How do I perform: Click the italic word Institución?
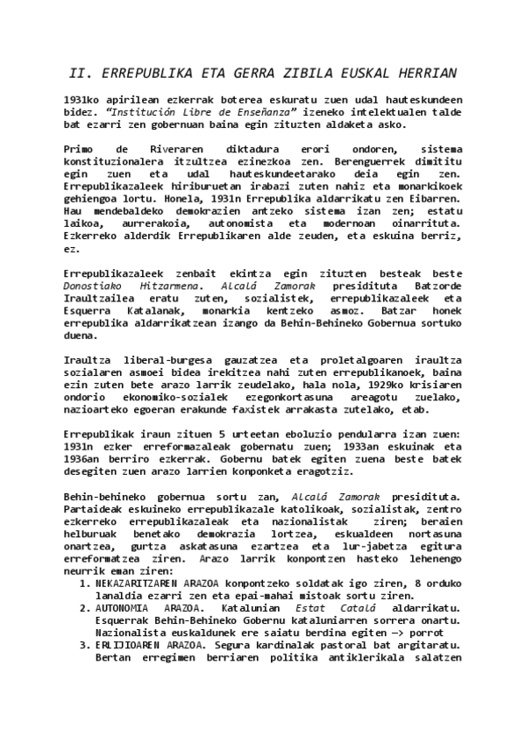[x=144, y=113]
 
